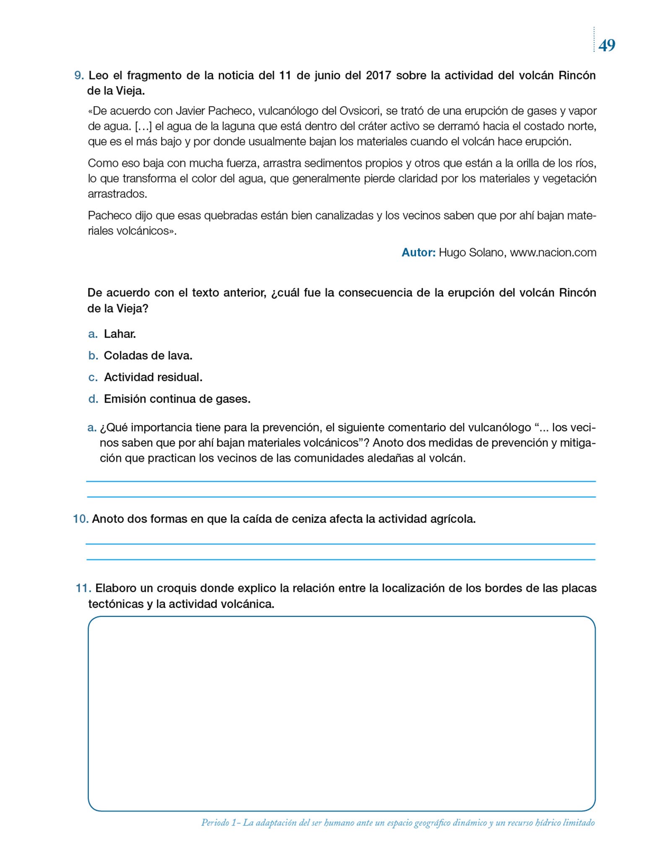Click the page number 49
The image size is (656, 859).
(x=607, y=45)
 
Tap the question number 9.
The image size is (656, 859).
(x=79, y=75)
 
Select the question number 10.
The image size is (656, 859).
(x=81, y=519)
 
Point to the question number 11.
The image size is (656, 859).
(x=83, y=588)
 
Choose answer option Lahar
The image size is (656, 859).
(x=120, y=334)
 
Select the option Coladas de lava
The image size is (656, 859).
(x=148, y=356)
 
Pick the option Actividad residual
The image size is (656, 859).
(x=153, y=377)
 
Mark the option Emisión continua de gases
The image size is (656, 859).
(x=177, y=399)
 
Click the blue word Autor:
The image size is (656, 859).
(x=419, y=252)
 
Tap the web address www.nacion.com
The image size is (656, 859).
(x=553, y=252)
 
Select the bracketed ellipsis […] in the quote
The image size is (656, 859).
(x=143, y=126)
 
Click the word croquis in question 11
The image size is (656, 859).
(x=176, y=588)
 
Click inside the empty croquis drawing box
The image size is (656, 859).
(x=341, y=713)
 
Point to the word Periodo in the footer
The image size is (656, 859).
(x=215, y=823)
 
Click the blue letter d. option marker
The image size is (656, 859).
(x=93, y=399)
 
